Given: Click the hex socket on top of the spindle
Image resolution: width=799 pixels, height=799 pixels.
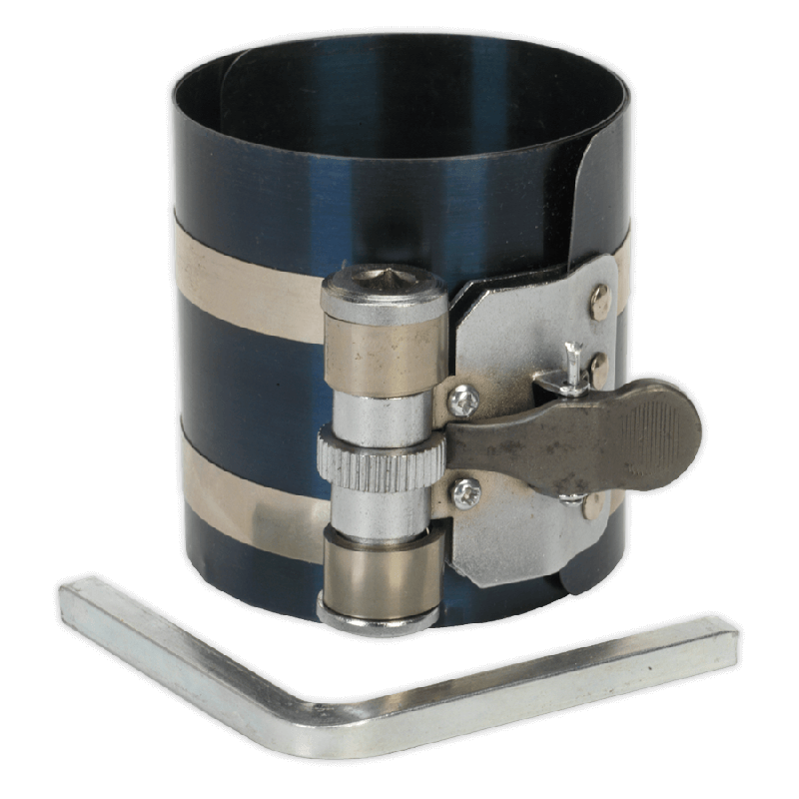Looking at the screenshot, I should [x=384, y=280].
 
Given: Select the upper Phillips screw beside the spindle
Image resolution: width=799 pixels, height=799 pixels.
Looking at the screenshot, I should [x=462, y=400].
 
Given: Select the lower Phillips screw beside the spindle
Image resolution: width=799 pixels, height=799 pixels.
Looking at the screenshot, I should [x=465, y=491].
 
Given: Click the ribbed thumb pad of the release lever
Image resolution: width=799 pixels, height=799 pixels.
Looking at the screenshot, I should [x=660, y=425].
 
